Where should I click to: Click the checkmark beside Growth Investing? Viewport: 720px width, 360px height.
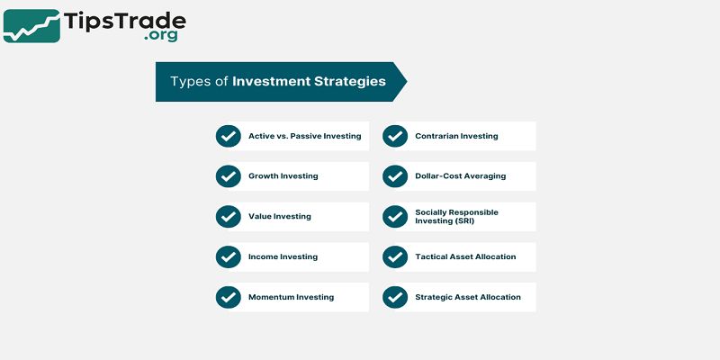point(228,176)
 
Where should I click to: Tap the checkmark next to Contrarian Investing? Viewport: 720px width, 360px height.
point(394,136)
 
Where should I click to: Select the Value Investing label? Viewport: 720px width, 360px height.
point(279,217)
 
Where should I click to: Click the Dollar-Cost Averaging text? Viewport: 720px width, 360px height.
point(460,176)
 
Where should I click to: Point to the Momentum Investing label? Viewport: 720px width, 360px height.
point(291,297)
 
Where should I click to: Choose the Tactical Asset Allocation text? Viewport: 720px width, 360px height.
point(465,256)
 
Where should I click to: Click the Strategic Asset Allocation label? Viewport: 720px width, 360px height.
point(467,297)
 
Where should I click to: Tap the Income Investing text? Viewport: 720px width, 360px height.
point(283,256)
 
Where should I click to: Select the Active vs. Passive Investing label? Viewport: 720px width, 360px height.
point(304,136)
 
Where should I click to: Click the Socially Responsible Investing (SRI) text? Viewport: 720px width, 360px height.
point(456,217)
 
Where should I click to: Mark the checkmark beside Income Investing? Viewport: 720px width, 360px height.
point(228,256)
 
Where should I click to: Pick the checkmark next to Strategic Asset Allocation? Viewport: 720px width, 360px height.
point(394,297)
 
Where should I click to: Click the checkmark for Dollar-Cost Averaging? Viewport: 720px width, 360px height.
point(394,176)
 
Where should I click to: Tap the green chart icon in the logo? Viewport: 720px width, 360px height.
point(31,26)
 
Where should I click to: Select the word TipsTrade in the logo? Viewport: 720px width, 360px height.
point(124,19)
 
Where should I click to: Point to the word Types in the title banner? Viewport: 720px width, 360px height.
point(190,81)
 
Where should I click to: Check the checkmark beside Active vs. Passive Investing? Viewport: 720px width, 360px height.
point(228,136)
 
